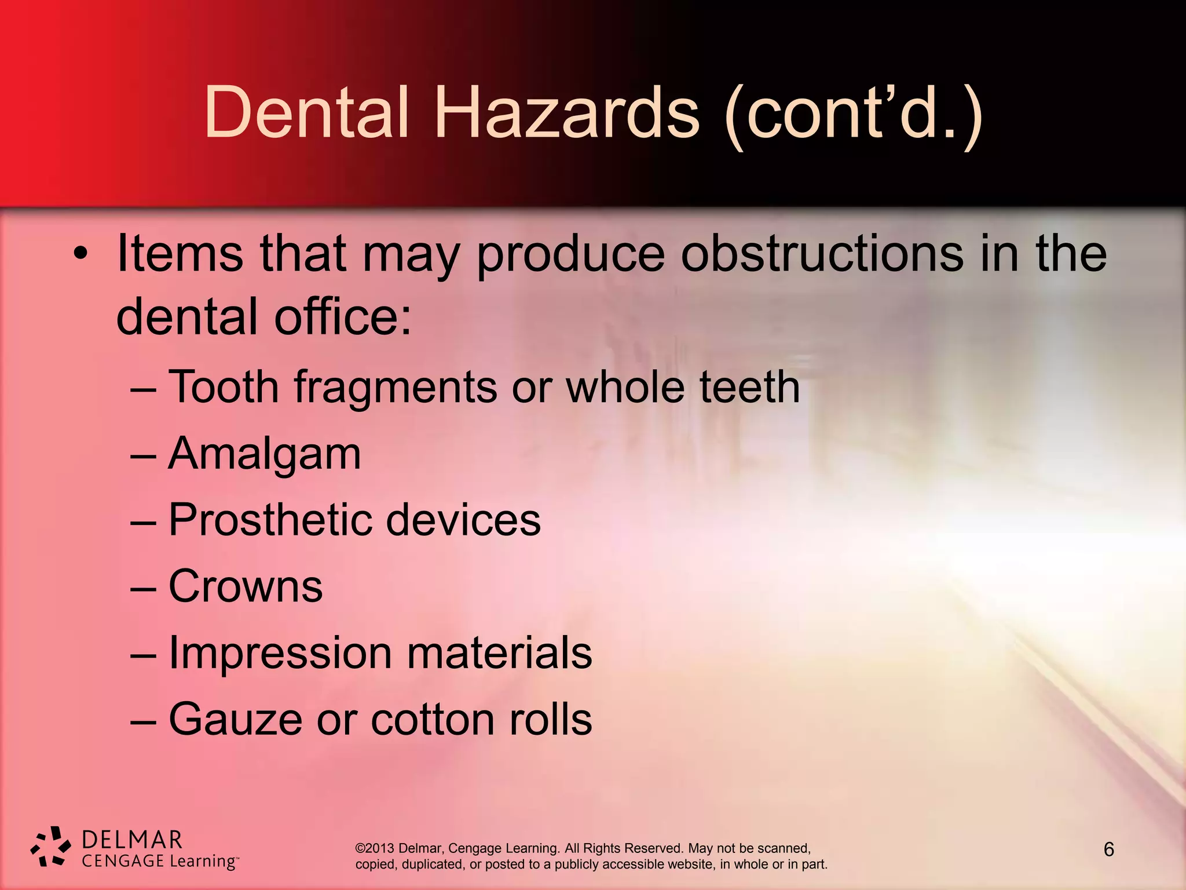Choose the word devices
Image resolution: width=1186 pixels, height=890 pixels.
click(463, 520)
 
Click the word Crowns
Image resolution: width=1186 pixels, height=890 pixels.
click(246, 586)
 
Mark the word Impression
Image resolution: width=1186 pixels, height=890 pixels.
click(280, 653)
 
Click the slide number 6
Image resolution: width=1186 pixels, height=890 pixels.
click(1108, 849)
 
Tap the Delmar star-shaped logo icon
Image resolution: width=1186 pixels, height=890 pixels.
click(51, 847)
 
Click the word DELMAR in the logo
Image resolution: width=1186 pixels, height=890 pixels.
click(132, 840)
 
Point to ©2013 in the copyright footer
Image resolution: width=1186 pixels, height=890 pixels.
click(375, 848)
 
